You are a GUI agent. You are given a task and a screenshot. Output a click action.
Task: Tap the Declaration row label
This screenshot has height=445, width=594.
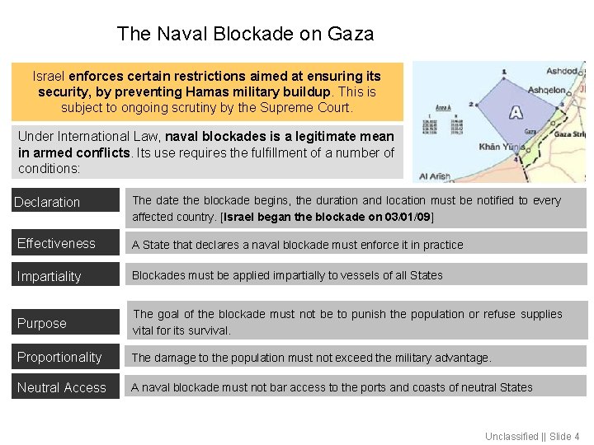point(48,202)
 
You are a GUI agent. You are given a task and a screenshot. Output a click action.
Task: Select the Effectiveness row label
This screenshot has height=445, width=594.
point(56,243)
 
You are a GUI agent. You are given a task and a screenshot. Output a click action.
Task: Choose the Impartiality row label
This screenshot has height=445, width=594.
point(49,276)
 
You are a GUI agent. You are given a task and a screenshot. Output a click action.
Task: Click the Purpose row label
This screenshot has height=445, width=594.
point(42,323)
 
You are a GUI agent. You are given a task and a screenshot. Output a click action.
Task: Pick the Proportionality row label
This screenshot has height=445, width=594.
point(59,357)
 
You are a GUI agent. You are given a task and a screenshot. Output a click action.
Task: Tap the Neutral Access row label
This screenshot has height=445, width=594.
point(62,387)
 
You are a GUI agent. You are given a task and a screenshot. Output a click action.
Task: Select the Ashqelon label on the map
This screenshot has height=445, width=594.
point(546,90)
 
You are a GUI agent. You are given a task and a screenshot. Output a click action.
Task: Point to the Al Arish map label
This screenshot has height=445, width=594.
point(435,176)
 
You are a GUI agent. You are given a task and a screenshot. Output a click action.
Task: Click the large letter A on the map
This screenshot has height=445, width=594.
point(516,112)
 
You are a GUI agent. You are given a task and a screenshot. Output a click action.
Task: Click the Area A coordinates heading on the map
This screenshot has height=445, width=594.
point(444,108)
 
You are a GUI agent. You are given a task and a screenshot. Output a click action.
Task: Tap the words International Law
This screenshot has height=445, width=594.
point(116,136)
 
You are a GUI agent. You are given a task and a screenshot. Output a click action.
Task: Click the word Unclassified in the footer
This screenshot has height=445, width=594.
point(511,436)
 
